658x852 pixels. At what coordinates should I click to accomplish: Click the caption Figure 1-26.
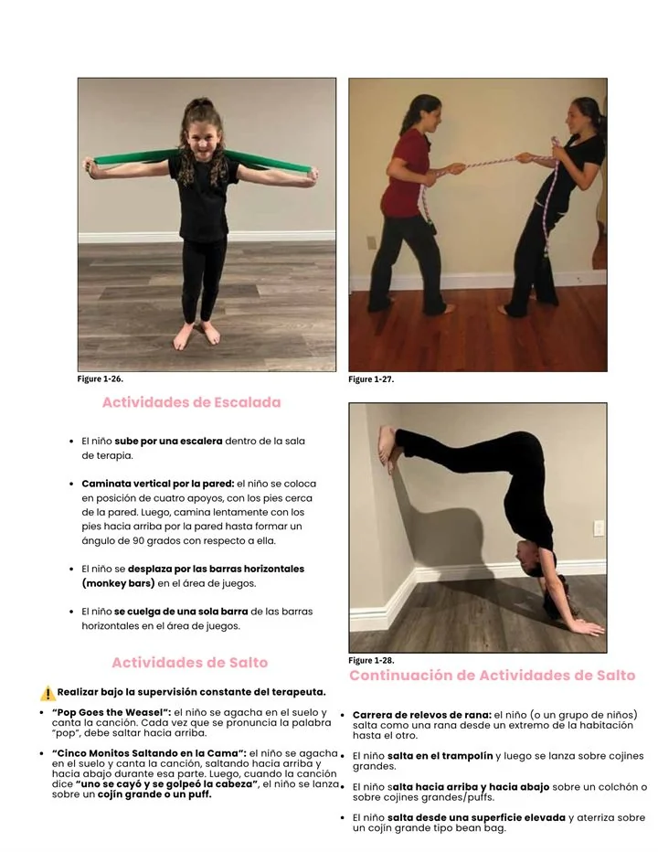point(101,378)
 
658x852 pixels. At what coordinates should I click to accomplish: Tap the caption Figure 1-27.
point(371,379)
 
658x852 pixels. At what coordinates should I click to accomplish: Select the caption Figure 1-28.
point(371,660)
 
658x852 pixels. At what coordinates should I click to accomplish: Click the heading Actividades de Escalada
point(191,402)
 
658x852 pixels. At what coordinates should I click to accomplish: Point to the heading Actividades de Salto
point(189,663)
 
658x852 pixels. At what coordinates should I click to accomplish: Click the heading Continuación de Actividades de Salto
point(493,676)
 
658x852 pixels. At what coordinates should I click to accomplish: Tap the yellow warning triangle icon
point(48,693)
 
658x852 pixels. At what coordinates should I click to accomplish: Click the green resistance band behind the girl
point(202,161)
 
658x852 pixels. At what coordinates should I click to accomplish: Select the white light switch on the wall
point(599,528)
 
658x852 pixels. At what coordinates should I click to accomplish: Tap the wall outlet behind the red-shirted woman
point(372,242)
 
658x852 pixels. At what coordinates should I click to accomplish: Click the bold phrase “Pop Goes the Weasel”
point(111,712)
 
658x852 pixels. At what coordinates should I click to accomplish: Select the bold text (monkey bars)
point(119,583)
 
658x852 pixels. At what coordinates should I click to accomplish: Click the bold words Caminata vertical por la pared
point(158,484)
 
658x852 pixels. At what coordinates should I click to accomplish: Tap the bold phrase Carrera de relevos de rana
point(421,715)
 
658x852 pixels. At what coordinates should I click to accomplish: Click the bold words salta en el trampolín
point(440,756)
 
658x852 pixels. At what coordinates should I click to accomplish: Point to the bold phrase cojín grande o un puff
point(154,794)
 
